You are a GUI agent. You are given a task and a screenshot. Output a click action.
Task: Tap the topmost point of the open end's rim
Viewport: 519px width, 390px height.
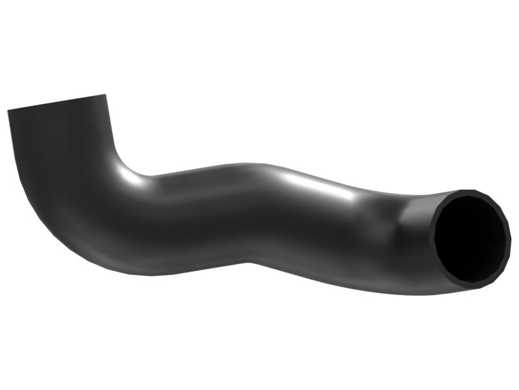pyautogui.click(x=468, y=191)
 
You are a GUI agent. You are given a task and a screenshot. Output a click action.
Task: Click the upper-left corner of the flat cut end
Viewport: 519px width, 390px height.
pyautogui.click(x=8, y=110)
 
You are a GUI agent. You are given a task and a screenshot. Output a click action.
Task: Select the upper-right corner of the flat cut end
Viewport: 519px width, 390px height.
pyautogui.click(x=106, y=95)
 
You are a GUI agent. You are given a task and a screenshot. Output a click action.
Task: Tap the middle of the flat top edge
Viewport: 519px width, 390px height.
pyautogui.click(x=57, y=103)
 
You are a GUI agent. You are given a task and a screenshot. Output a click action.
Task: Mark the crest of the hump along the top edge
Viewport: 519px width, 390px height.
pyautogui.click(x=253, y=163)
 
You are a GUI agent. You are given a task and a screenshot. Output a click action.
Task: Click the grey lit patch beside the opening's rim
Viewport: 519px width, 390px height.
pyautogui.click(x=415, y=214)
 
